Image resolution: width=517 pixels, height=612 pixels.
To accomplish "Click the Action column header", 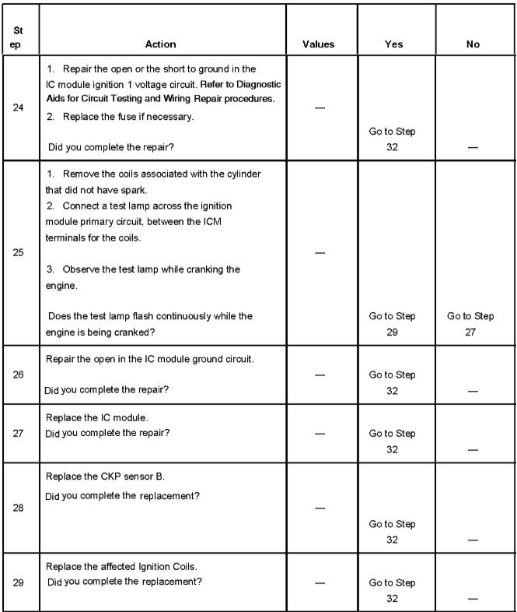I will click(x=160, y=44).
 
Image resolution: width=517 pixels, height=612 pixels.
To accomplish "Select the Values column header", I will click(x=318, y=44).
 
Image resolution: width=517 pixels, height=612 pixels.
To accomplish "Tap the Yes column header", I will click(x=393, y=44).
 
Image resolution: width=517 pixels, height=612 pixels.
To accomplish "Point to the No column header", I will click(x=473, y=44).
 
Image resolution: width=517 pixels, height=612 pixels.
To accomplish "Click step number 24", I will click(x=19, y=107).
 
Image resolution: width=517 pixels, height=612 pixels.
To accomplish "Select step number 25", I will click(x=19, y=252).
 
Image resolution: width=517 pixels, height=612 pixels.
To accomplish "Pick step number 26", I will click(x=19, y=375).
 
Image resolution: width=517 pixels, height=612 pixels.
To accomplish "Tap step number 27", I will click(x=19, y=433).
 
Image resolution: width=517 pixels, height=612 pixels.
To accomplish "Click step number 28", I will click(x=19, y=508).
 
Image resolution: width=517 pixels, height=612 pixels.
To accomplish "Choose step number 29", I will click(x=19, y=582).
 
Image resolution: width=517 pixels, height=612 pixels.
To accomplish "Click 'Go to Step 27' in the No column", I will click(x=470, y=323).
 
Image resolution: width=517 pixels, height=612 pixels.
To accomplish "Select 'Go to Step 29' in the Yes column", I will click(x=392, y=323).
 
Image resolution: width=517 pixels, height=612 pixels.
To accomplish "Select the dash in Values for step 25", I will click(x=318, y=253).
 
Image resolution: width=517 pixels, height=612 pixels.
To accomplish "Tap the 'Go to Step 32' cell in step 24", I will click(x=392, y=138).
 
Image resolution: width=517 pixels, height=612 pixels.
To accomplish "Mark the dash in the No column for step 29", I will click(x=473, y=598).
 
